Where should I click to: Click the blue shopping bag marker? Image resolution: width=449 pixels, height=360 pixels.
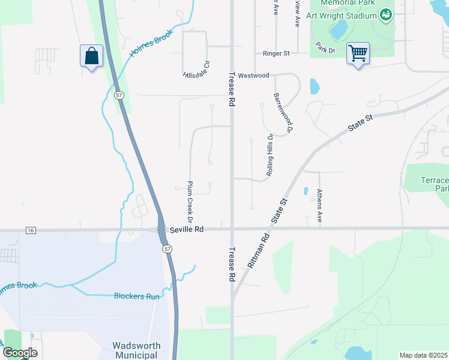point(91,56)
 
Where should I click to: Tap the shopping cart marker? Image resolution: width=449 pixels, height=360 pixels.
point(358,53)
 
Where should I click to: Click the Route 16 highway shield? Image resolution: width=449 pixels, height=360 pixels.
point(30,230)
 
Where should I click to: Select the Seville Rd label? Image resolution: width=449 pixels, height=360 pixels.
point(187,229)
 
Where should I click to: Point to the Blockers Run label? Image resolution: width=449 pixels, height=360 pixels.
point(137,296)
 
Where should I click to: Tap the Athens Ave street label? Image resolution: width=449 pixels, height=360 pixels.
point(319,207)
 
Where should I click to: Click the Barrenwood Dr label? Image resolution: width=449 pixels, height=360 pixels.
point(283,112)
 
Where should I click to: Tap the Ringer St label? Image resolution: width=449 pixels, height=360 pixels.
point(276,53)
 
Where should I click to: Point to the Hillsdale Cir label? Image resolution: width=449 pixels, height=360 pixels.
point(197,69)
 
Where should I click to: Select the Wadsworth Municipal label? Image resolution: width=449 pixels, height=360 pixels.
point(135,350)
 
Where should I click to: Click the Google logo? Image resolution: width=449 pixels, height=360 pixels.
point(20,353)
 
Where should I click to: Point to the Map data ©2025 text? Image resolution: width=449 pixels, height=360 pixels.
point(424,355)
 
